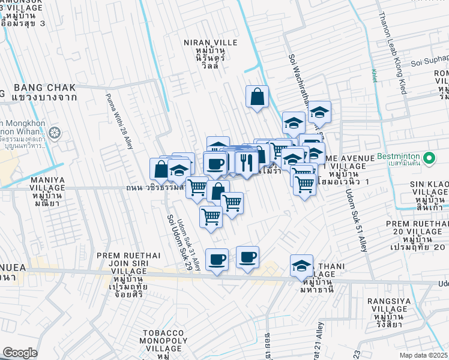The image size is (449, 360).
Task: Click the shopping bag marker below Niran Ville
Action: (257, 97)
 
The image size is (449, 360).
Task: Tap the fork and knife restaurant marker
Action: (246, 162)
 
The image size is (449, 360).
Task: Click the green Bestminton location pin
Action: (429, 158)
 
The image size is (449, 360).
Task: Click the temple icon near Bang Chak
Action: (55, 132)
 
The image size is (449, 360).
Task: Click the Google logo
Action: (19, 352)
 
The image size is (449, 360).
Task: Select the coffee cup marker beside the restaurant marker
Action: (215, 163)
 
